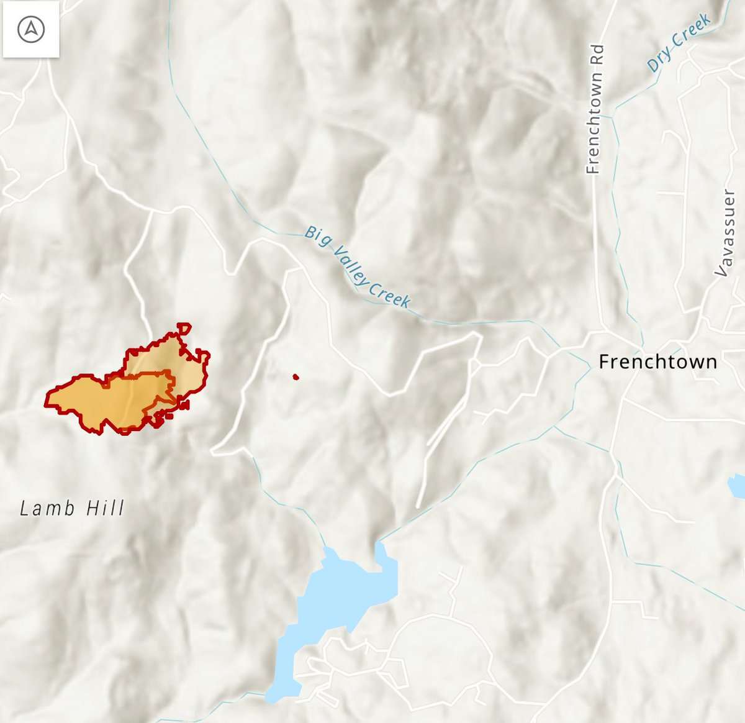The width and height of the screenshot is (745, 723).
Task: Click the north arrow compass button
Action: point(30,30)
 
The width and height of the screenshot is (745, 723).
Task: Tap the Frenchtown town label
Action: point(657,361)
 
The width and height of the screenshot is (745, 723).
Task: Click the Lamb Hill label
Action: point(72,509)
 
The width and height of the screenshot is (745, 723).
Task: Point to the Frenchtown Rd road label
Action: point(594,109)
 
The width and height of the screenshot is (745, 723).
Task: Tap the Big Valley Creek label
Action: point(357,267)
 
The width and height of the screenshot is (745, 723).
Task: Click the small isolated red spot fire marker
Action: point(296,376)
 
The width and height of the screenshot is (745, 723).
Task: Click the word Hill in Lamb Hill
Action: point(104,509)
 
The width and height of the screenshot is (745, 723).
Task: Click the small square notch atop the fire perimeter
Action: point(184,328)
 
